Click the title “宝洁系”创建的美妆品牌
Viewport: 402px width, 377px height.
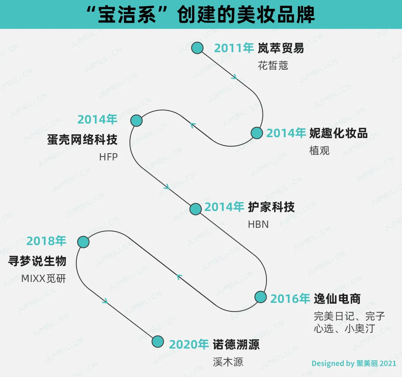click(x=201, y=15)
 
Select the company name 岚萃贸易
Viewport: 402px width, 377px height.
click(x=281, y=49)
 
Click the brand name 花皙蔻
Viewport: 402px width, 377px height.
click(x=273, y=66)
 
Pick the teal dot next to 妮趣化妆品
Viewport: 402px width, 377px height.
click(x=256, y=133)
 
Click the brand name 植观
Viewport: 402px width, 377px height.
click(x=319, y=150)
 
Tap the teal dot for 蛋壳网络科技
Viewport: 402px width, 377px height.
click(x=137, y=120)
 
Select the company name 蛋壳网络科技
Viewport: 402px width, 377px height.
click(x=82, y=140)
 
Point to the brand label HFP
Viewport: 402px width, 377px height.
click(x=109, y=157)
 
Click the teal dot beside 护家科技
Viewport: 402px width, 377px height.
click(x=195, y=209)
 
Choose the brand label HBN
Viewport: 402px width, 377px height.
click(x=258, y=224)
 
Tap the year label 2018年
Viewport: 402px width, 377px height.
click(x=46, y=241)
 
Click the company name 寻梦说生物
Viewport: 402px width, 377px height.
click(x=37, y=261)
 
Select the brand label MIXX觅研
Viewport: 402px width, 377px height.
click(x=43, y=278)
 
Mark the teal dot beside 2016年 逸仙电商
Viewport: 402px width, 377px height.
click(x=260, y=297)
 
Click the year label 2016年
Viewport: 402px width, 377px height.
click(x=290, y=299)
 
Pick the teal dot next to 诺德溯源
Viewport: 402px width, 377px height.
click(x=158, y=341)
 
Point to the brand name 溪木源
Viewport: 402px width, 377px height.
click(x=228, y=362)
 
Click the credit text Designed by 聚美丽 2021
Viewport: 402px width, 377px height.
click(x=354, y=364)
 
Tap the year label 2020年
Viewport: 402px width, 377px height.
click(x=189, y=345)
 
